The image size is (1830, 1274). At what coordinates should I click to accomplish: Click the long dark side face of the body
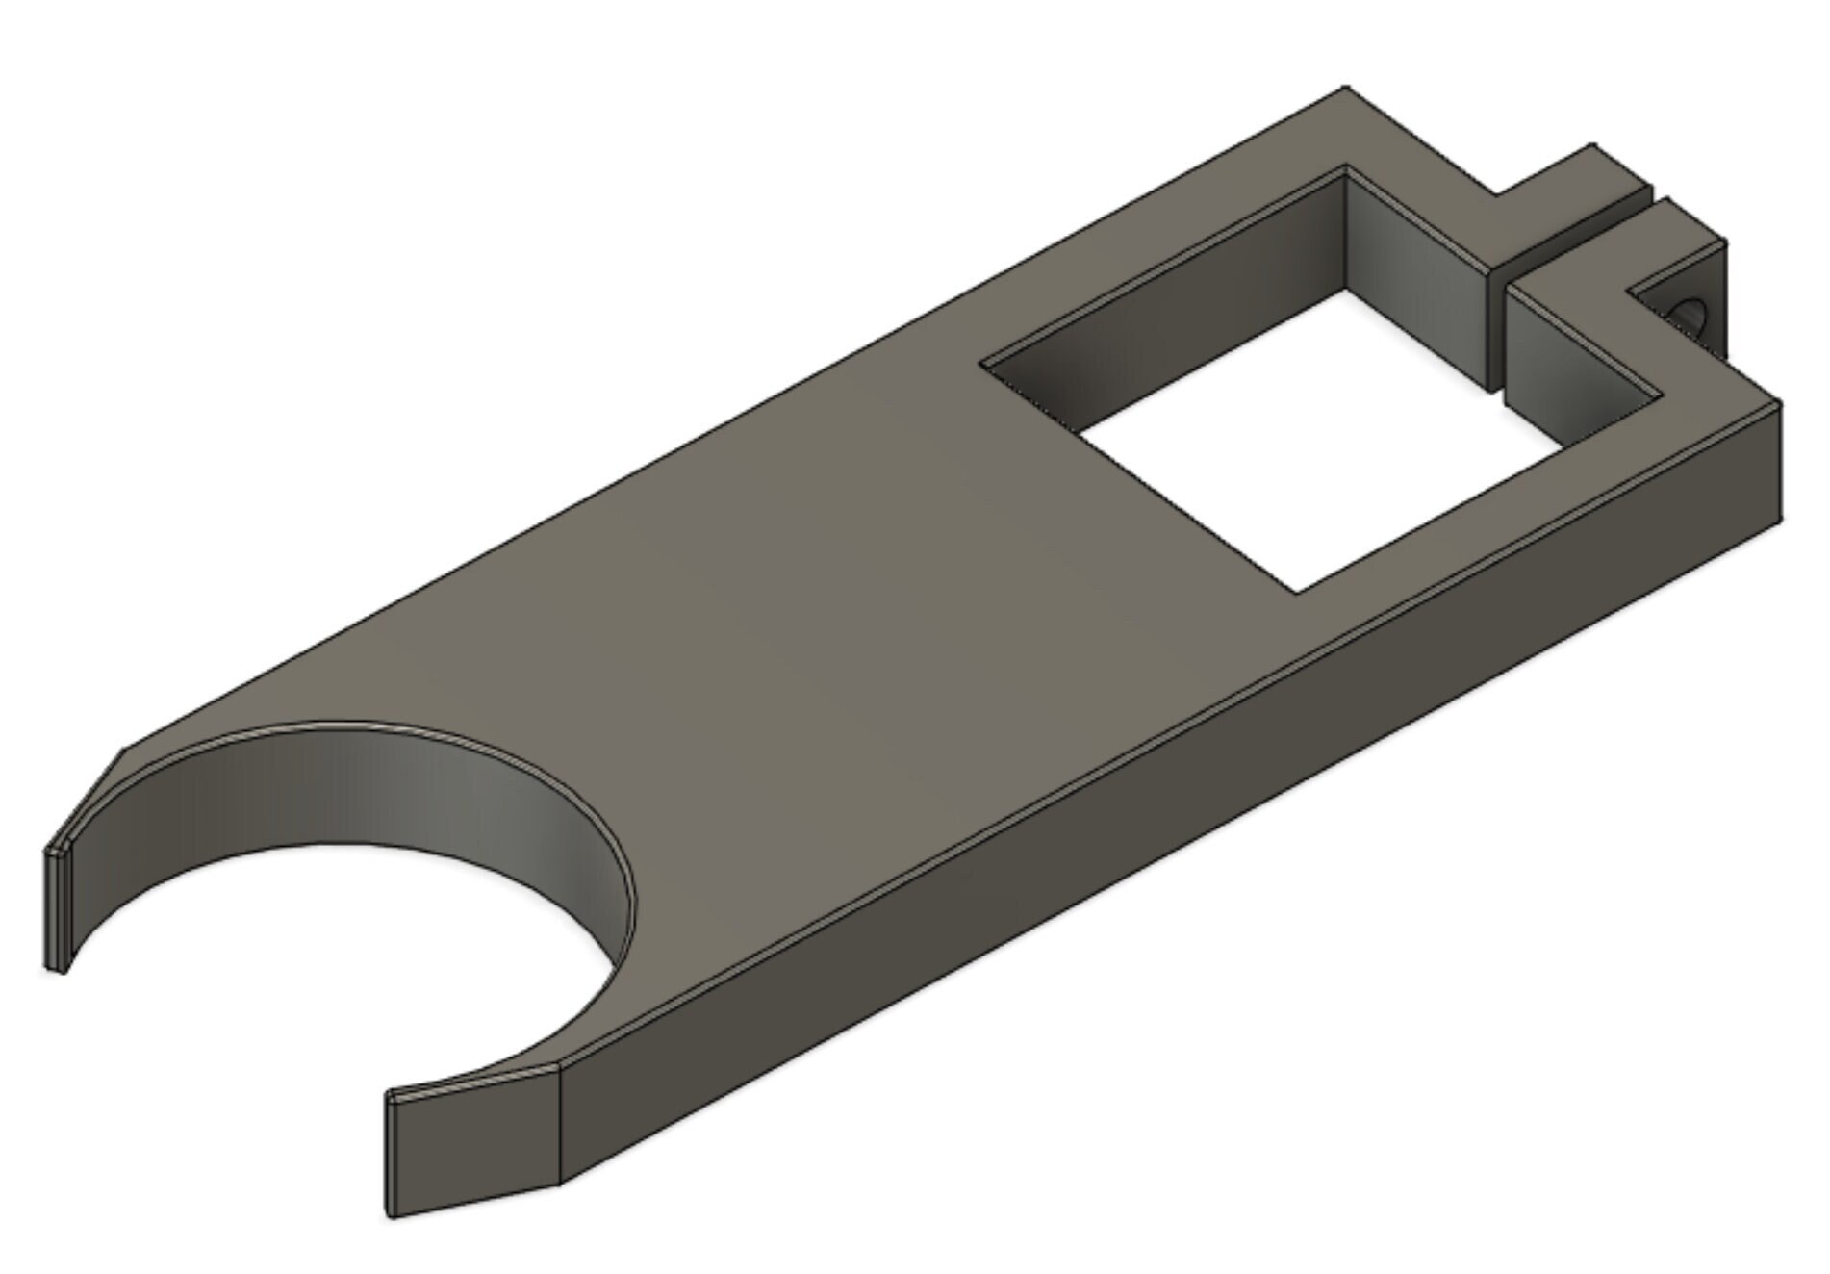click(x=1155, y=818)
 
